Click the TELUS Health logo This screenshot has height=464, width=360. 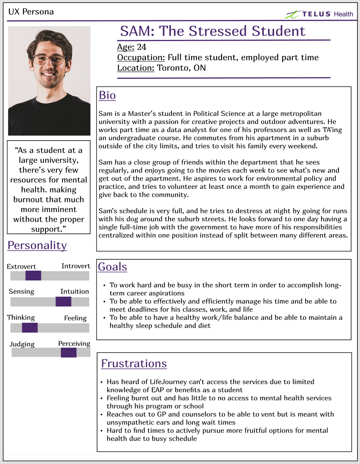tap(319, 14)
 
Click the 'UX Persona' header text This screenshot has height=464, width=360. tap(31, 12)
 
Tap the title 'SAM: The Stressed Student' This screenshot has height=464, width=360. tap(213, 31)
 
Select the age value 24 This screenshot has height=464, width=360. tap(141, 47)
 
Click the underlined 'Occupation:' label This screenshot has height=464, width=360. tap(141, 58)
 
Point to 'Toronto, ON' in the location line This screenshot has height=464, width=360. tap(181, 68)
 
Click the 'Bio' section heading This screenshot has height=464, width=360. tap(107, 95)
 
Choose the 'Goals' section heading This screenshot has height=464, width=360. tap(113, 267)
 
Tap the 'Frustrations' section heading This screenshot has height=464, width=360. tap(134, 364)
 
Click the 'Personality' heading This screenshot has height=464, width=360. tap(37, 245)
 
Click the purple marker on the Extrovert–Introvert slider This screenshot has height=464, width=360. tap(33, 276)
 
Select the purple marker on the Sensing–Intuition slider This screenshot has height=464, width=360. tap(63, 302)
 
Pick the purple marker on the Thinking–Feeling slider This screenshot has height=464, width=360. tap(30, 327)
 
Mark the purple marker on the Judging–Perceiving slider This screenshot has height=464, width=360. tap(69, 353)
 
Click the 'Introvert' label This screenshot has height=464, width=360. tap(76, 266)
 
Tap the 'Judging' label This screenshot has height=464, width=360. tap(22, 344)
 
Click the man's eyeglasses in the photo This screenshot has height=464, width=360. tap(49, 59)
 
